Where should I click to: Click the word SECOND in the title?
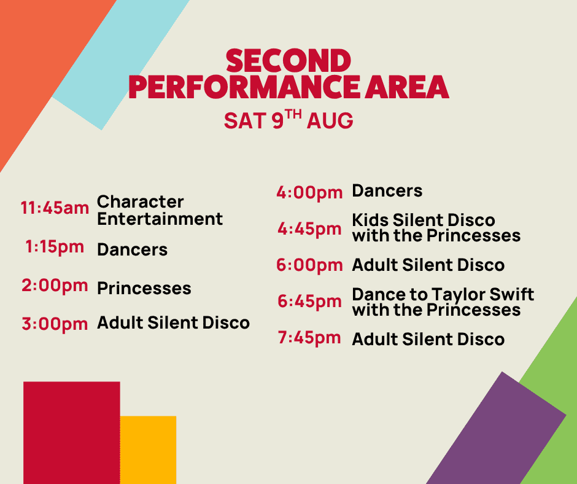(x=288, y=61)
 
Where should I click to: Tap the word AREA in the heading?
(x=406, y=87)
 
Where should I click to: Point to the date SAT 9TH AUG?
(x=288, y=119)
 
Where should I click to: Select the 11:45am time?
(x=55, y=208)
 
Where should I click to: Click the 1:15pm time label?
(x=55, y=247)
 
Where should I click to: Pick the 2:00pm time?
(x=55, y=286)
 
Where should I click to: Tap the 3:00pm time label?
(x=55, y=324)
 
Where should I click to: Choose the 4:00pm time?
(x=309, y=193)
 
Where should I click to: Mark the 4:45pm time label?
(x=309, y=229)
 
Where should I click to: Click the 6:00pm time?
(x=309, y=265)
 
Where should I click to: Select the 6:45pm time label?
(x=309, y=302)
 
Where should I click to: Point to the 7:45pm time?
(x=309, y=338)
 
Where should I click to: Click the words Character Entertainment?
(x=160, y=210)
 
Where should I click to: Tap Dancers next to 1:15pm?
(x=132, y=250)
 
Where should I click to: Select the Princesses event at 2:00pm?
(x=144, y=288)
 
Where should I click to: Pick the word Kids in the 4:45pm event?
(x=370, y=221)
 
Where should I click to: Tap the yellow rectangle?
(x=148, y=450)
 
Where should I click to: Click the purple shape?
(x=496, y=431)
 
